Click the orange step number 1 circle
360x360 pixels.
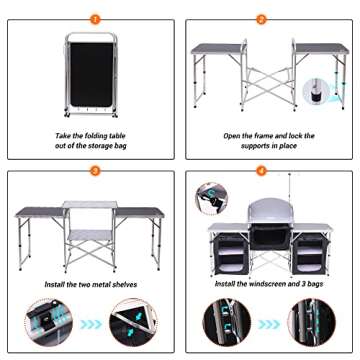(x=94, y=17)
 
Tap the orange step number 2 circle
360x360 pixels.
(x=262, y=17)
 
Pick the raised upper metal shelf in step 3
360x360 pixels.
(x=89, y=204)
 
